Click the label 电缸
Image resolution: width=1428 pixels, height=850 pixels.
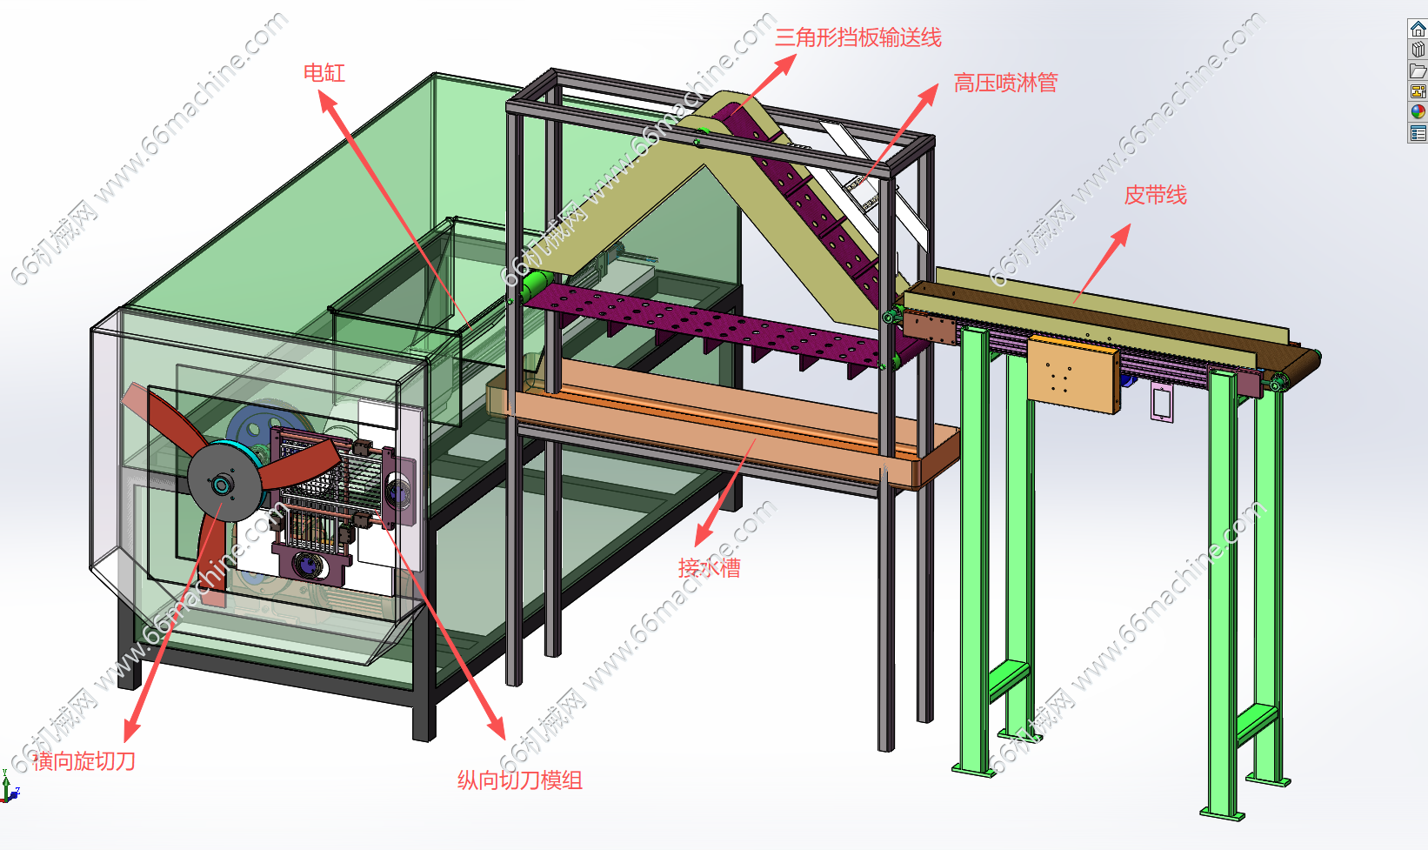pyautogui.click(x=324, y=73)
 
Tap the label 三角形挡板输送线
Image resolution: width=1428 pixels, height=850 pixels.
pyautogui.click(x=857, y=38)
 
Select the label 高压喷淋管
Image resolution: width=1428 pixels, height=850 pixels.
pyautogui.click(x=1005, y=84)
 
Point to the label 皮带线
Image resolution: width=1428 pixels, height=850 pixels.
pyautogui.click(x=1155, y=196)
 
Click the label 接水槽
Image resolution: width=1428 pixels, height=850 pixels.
pyautogui.click(x=709, y=568)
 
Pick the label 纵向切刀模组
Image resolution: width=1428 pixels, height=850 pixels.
pyautogui.click(x=519, y=780)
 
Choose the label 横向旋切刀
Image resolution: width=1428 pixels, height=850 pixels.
pyautogui.click(x=84, y=761)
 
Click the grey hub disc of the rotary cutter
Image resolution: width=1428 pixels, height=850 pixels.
pyautogui.click(x=224, y=483)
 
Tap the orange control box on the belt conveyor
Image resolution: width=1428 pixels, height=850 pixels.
pyautogui.click(x=1073, y=374)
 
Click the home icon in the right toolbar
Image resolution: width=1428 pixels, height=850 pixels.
pyautogui.click(x=1418, y=29)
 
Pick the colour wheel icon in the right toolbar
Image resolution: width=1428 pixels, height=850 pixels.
pyautogui.click(x=1418, y=112)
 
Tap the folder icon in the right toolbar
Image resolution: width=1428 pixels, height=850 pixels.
pyautogui.click(x=1418, y=70)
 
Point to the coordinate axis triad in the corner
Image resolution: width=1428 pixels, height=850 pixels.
pyautogui.click(x=9, y=788)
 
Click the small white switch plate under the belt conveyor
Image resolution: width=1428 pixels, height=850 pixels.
pyautogui.click(x=1161, y=401)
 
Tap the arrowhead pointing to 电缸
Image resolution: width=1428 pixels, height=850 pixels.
pyautogui.click(x=328, y=100)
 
